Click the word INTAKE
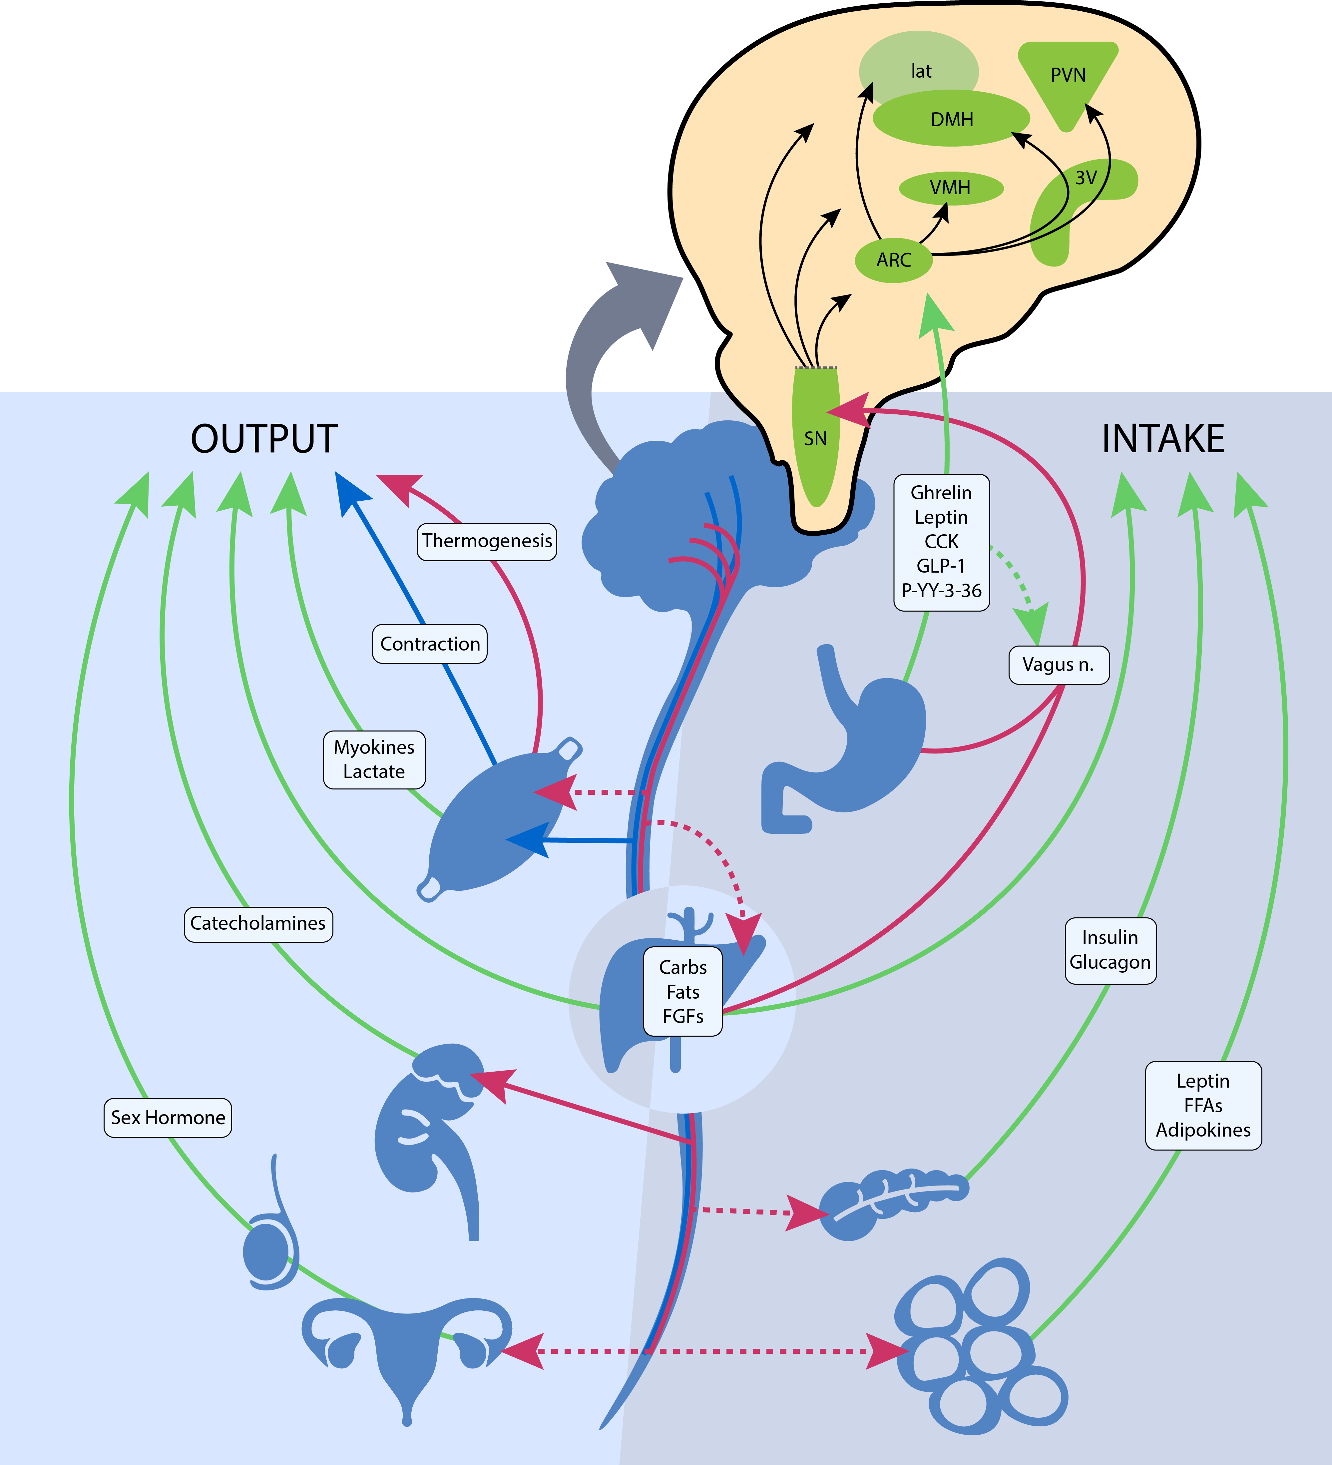point(1163,439)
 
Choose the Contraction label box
point(429,644)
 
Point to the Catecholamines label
point(258,924)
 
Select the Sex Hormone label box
point(168,1118)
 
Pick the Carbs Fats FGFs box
point(682,991)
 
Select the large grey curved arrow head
point(647,298)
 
